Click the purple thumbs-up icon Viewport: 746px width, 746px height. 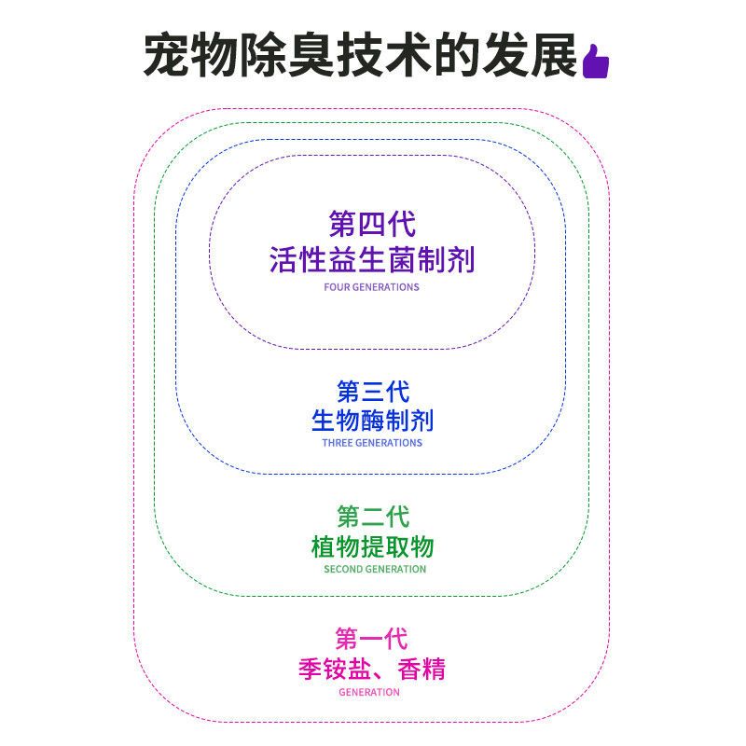point(596,61)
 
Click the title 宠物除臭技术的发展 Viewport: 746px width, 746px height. point(361,55)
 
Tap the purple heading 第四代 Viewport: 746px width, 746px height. point(372,224)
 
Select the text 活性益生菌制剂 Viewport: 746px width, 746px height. point(372,260)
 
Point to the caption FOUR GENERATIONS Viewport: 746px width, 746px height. point(371,287)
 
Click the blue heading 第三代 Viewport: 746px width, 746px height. point(373,392)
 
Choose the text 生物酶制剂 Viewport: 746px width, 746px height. point(372,421)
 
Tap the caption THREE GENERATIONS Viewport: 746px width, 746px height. point(372,442)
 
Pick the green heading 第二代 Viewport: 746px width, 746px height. point(373,517)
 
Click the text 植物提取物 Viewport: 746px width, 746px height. point(372,546)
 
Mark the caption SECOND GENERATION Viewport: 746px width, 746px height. point(375,569)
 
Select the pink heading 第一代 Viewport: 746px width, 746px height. point(371,639)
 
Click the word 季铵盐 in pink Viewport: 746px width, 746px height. point(335,669)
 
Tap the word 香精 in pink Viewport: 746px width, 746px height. point(421,669)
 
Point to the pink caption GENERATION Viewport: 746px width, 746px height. point(369,692)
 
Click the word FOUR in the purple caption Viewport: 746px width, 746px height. point(337,287)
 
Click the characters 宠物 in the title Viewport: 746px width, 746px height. point(191,55)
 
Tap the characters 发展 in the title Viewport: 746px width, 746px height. point(530,55)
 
